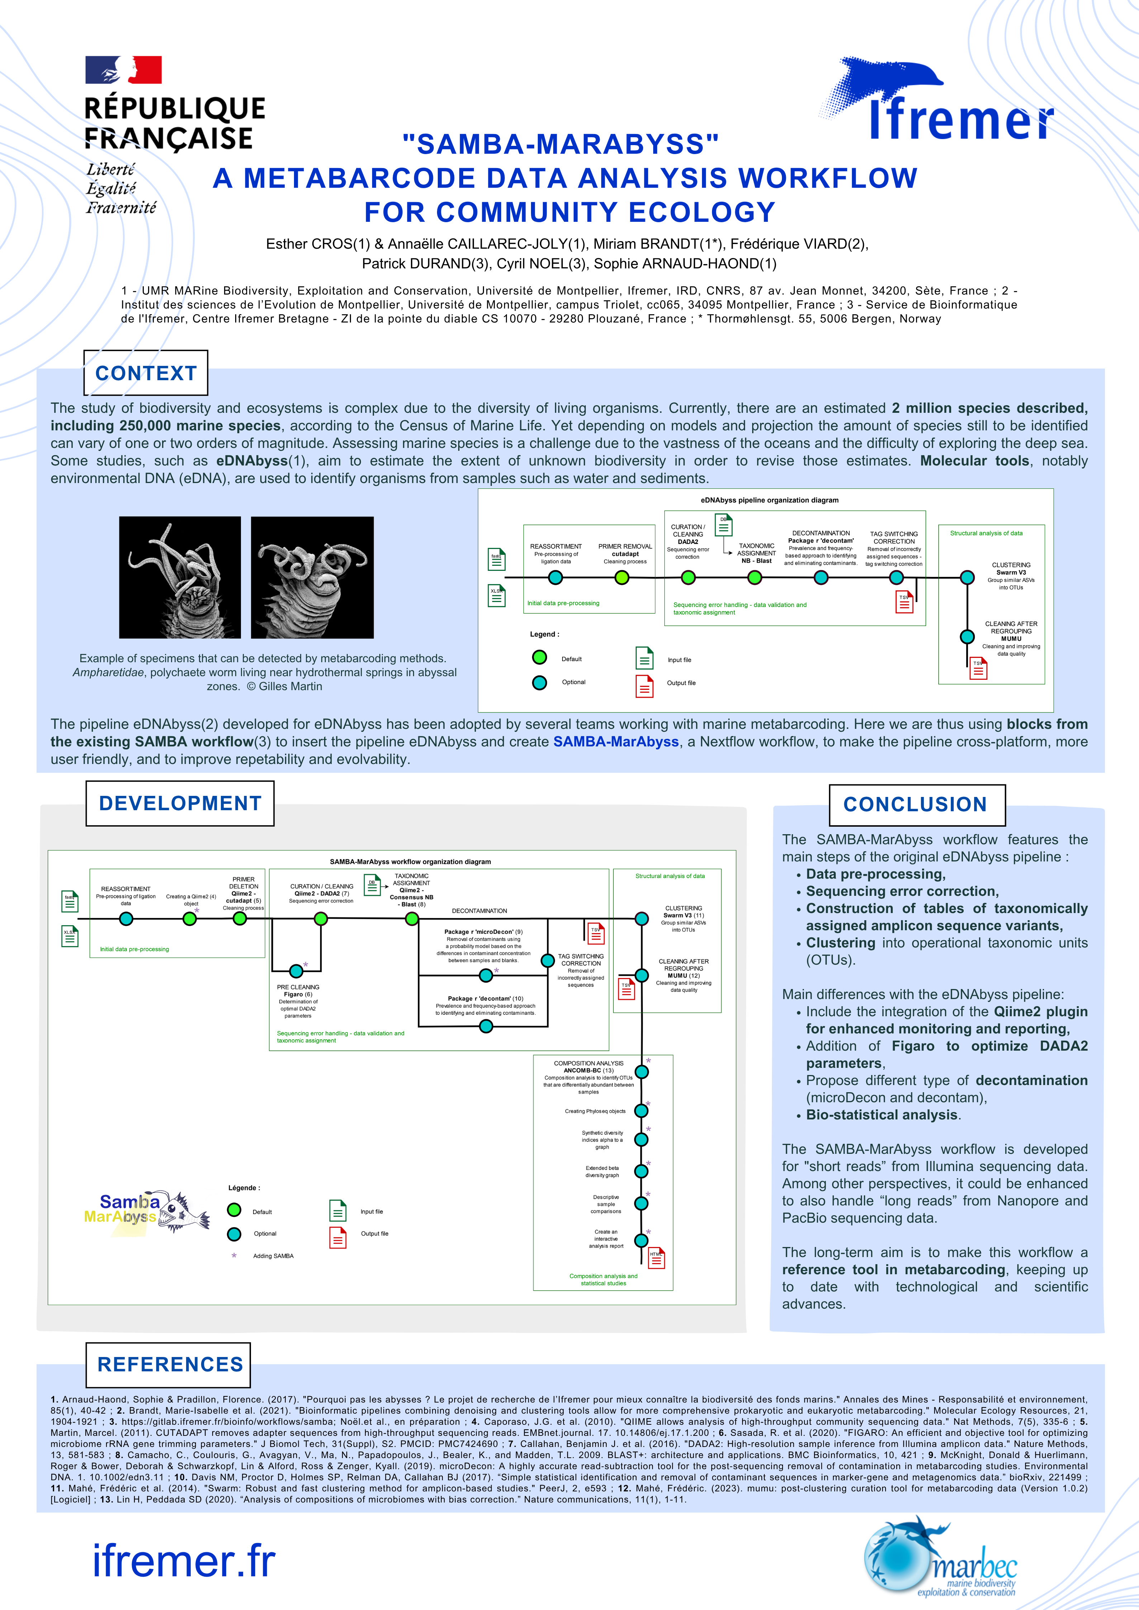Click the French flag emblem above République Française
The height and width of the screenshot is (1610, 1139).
[x=123, y=70]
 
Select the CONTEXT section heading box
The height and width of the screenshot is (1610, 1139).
[x=146, y=373]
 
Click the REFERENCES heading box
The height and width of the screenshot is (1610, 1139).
[x=169, y=1365]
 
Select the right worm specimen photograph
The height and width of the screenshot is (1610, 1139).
[x=312, y=577]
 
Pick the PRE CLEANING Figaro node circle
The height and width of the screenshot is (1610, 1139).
[x=296, y=970]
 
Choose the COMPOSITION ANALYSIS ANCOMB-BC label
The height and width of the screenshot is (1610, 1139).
[x=588, y=1066]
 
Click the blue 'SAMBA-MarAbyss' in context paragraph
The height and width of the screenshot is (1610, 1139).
[x=616, y=741]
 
